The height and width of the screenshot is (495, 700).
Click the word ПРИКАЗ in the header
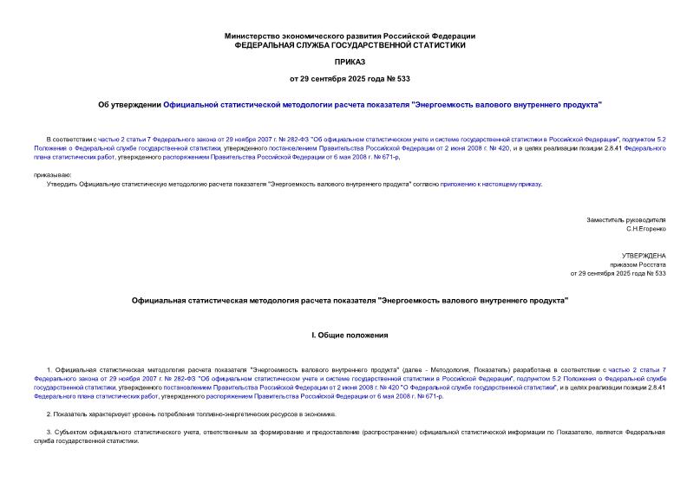[x=350, y=62]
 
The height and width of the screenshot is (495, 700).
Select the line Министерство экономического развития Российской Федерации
[x=350, y=36]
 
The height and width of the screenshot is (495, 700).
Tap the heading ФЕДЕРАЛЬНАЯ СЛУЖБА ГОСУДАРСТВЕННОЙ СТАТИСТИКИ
[x=350, y=44]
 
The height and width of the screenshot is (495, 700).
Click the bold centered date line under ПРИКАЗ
[x=350, y=79]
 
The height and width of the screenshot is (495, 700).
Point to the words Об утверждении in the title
[x=129, y=104]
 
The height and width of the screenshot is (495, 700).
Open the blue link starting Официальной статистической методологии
[x=383, y=104]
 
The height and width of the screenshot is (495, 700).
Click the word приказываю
[x=52, y=175]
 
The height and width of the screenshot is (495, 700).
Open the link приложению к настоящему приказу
[x=490, y=184]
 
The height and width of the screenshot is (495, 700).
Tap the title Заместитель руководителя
[x=626, y=220]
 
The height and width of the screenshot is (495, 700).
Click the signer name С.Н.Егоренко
[x=645, y=230]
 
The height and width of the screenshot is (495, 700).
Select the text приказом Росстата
[x=638, y=264]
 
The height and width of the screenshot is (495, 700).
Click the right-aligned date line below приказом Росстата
[x=618, y=273]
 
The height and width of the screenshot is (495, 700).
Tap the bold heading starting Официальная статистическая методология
[x=350, y=300]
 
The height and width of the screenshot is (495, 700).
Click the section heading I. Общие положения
[x=350, y=335]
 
